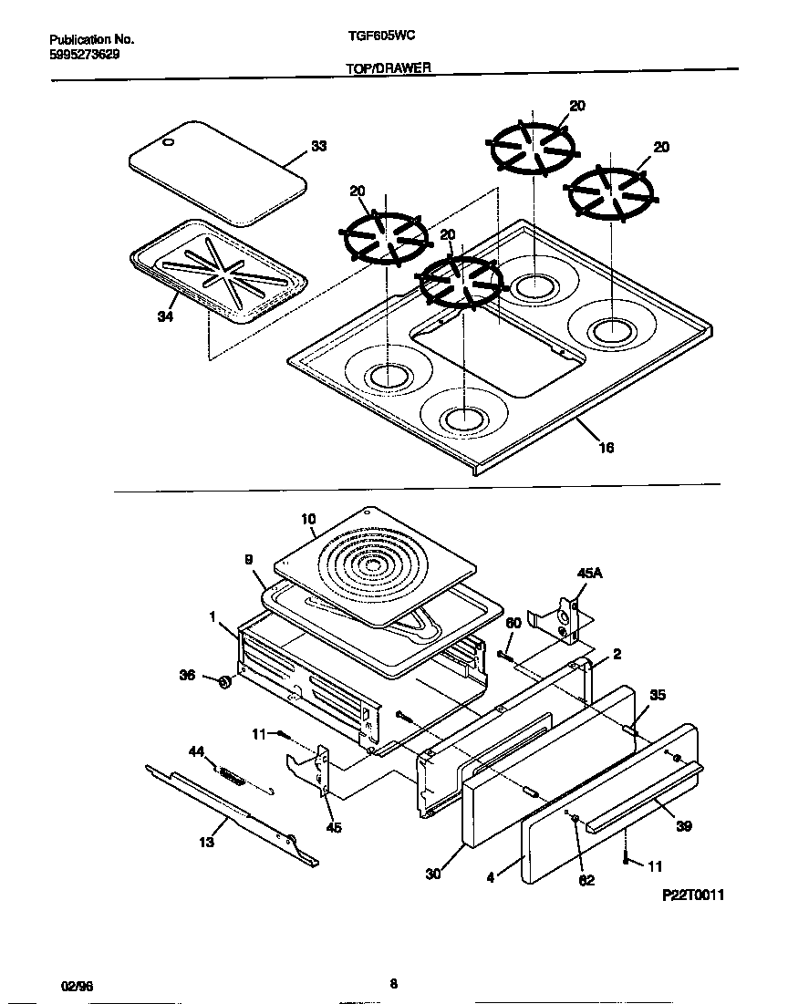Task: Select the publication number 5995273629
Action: [83, 54]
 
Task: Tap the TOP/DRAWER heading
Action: [389, 67]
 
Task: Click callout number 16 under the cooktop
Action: [606, 447]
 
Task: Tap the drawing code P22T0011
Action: [692, 895]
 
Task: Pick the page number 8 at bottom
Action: [393, 983]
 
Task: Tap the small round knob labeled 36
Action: [222, 682]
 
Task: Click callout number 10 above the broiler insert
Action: [307, 519]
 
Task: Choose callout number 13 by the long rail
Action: [207, 842]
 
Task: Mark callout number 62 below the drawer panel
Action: [586, 880]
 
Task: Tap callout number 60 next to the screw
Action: [513, 623]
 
